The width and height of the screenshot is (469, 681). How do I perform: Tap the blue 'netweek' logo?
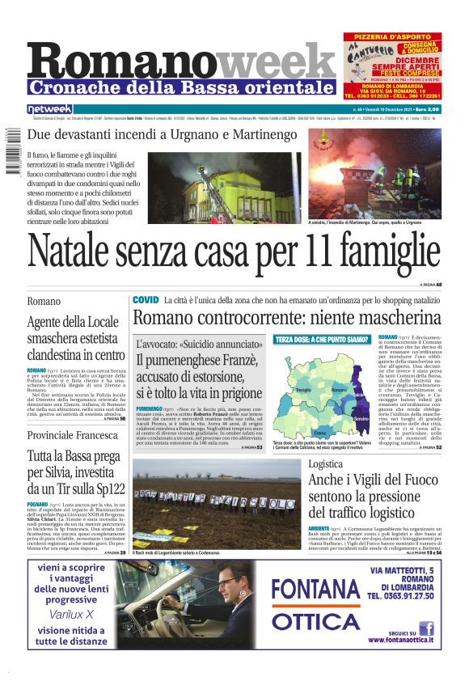tap(49, 108)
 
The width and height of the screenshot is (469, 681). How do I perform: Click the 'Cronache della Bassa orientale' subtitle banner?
tap(181, 87)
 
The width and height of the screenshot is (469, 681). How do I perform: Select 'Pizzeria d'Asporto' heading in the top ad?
tap(394, 37)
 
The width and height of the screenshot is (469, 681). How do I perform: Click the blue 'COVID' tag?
tap(146, 299)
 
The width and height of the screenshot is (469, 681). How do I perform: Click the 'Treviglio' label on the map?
tap(303, 390)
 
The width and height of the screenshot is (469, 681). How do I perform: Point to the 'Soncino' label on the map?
tap(361, 419)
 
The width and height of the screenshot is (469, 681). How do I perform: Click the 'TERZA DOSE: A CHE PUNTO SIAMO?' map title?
tap(321, 340)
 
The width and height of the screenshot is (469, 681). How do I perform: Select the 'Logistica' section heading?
tap(326, 464)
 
